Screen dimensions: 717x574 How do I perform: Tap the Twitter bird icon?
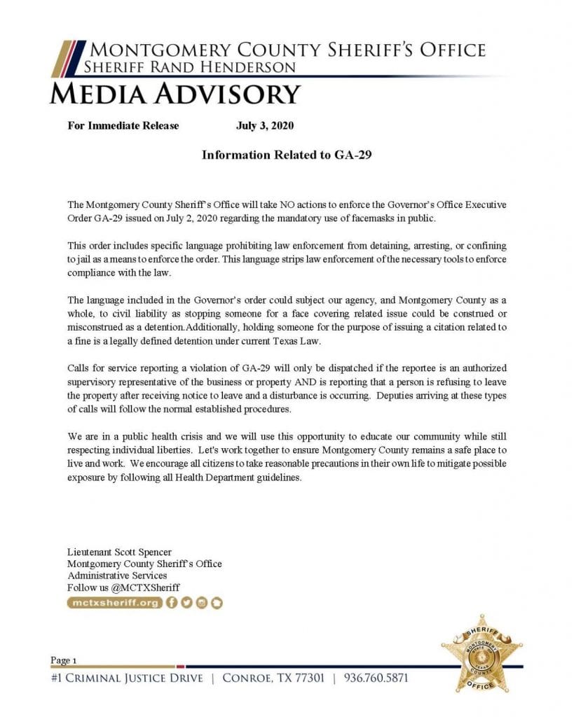pyautogui.click(x=187, y=602)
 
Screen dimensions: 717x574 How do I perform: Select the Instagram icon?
pyautogui.click(x=202, y=602)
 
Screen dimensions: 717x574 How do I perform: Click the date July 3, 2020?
pyautogui.click(x=264, y=126)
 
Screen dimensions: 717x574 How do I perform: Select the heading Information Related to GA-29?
pyautogui.click(x=286, y=155)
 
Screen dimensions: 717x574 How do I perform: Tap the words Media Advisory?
pyautogui.click(x=175, y=92)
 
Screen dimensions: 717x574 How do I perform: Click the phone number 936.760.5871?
pyautogui.click(x=376, y=678)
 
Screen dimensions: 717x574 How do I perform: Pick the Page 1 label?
pyautogui.click(x=64, y=660)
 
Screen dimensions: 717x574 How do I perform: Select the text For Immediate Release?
pyautogui.click(x=123, y=126)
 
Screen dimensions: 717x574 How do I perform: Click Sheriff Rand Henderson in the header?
pyautogui.click(x=189, y=67)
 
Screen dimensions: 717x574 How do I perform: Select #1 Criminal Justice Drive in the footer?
pyautogui.click(x=127, y=678)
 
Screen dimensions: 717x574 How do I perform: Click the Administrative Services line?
pyautogui.click(x=117, y=576)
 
